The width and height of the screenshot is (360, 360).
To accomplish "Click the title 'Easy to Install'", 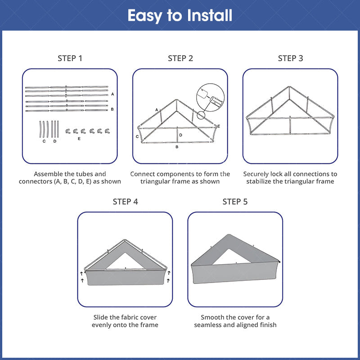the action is (x=180, y=16).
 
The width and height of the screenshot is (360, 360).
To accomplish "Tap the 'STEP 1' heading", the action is (x=70, y=58).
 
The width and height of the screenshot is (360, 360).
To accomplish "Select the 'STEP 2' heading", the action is (x=180, y=58).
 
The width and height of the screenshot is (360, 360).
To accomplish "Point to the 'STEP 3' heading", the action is (x=290, y=58).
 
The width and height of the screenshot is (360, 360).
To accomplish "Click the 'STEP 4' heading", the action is (x=125, y=202).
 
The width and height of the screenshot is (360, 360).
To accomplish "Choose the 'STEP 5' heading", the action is (x=235, y=202).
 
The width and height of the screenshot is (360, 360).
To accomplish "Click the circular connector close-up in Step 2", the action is (x=210, y=98).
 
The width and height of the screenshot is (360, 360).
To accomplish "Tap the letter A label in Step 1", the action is (x=112, y=94).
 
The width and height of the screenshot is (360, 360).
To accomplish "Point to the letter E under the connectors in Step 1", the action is (x=79, y=139).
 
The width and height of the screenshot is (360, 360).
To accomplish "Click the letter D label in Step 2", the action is (x=181, y=135).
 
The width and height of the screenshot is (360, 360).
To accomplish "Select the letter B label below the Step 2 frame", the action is (x=177, y=147).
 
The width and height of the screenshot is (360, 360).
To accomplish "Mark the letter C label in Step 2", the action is (x=137, y=137).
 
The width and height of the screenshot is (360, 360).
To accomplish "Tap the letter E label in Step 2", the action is (x=219, y=126).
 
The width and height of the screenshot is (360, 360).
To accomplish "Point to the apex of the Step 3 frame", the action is (x=289, y=87).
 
